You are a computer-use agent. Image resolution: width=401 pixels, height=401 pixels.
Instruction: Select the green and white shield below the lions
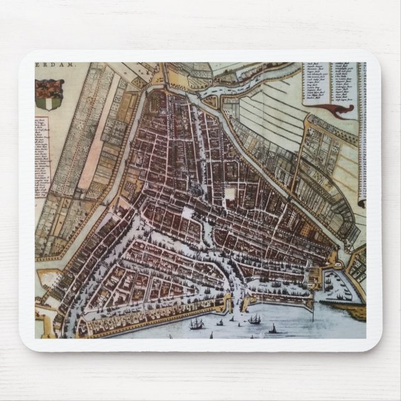point(49,101)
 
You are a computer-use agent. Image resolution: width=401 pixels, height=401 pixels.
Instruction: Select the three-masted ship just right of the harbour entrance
point(255,319)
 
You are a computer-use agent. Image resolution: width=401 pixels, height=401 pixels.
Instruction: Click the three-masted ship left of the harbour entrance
point(197,323)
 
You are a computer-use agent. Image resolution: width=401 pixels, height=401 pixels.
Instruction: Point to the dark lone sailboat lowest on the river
point(272,329)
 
